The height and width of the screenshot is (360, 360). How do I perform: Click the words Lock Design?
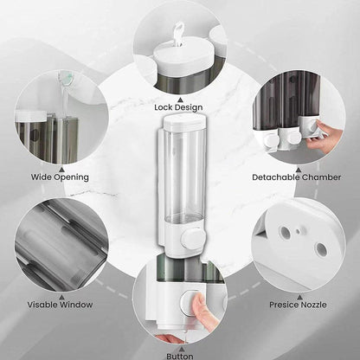pyautogui.click(x=179, y=106)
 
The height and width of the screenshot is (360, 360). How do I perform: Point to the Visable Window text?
pyautogui.click(x=61, y=305)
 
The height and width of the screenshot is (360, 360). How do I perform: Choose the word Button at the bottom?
pyautogui.click(x=181, y=354)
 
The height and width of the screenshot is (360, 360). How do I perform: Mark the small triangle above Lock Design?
pyautogui.click(x=180, y=95)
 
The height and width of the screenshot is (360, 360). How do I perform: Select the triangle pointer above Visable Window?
pyautogui.click(x=61, y=294)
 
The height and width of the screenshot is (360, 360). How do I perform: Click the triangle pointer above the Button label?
pyautogui.click(x=181, y=344)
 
